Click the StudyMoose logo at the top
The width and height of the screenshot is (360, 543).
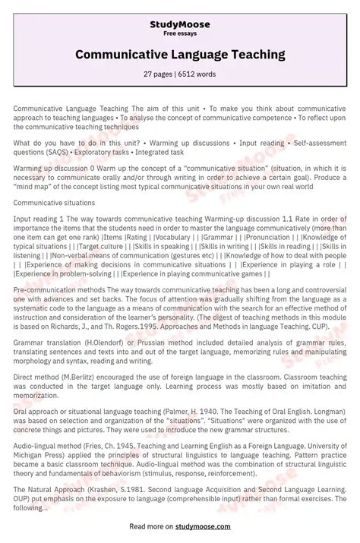pos(180,24)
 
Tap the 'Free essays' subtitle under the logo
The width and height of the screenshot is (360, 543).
pos(180,33)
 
